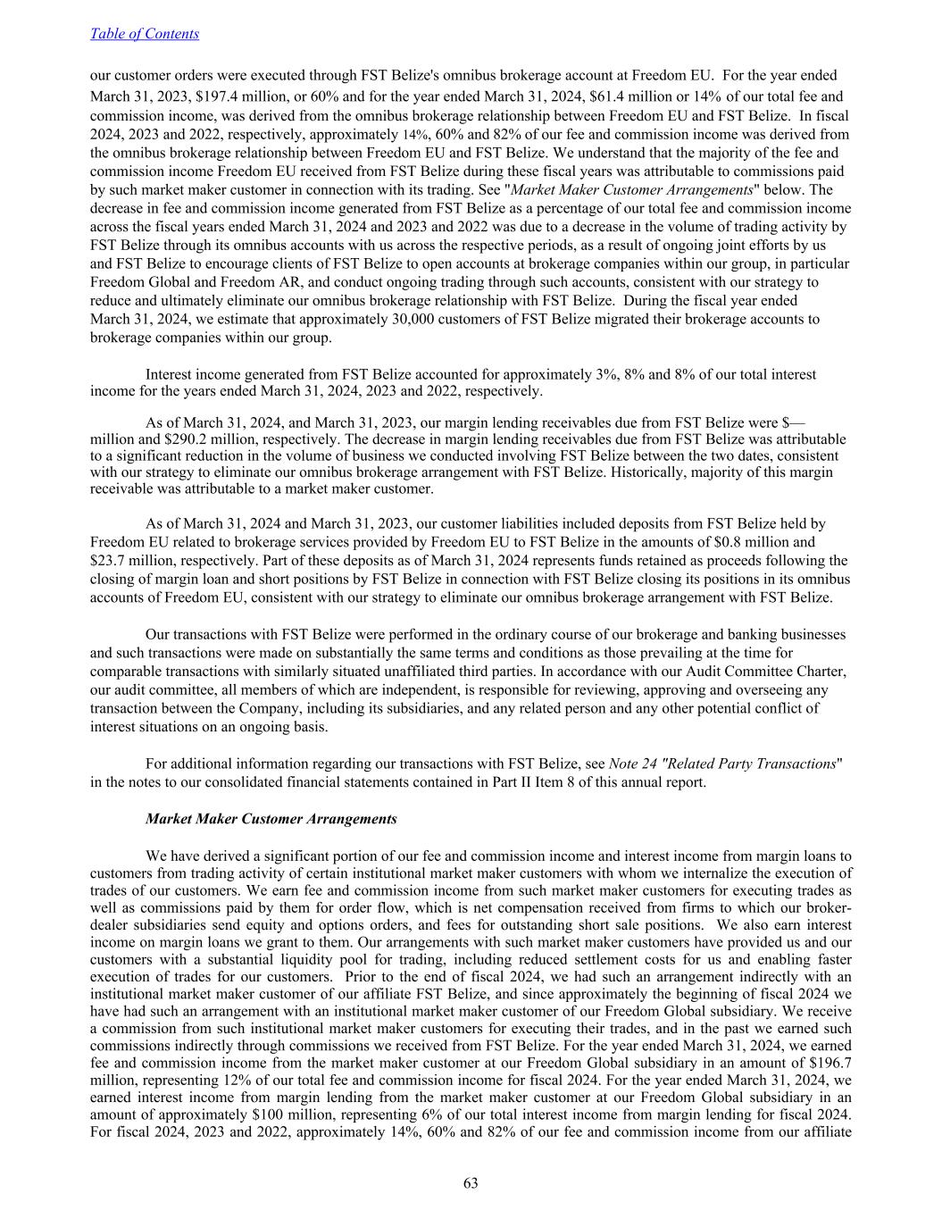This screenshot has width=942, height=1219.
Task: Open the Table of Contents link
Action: (145, 34)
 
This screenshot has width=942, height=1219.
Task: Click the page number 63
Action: (471, 1183)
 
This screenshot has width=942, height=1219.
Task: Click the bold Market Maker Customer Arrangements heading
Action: (271, 818)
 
